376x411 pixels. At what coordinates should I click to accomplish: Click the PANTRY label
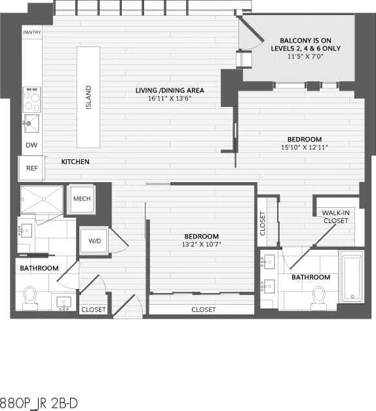pyautogui.click(x=31, y=32)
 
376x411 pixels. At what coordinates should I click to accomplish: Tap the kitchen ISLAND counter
pyautogui.click(x=88, y=97)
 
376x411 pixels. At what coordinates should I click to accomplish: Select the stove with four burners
pyautogui.click(x=32, y=99)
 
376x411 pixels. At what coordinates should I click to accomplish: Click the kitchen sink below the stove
pyautogui.click(x=31, y=123)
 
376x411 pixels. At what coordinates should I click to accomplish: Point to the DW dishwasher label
pyautogui.click(x=31, y=146)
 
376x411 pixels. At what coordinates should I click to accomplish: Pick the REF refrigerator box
pyautogui.click(x=31, y=168)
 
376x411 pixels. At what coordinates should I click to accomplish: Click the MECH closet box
pyautogui.click(x=82, y=199)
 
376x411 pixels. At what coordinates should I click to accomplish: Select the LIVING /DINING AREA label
pyautogui.click(x=170, y=90)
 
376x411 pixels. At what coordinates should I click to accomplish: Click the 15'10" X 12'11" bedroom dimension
pyautogui.click(x=305, y=148)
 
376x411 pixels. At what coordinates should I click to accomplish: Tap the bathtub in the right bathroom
pyautogui.click(x=352, y=277)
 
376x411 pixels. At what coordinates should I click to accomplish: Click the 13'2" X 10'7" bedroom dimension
pyautogui.click(x=201, y=245)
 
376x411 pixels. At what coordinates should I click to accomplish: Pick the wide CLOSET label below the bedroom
pyautogui.click(x=203, y=309)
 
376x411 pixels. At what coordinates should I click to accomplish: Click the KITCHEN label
pyautogui.click(x=75, y=161)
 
